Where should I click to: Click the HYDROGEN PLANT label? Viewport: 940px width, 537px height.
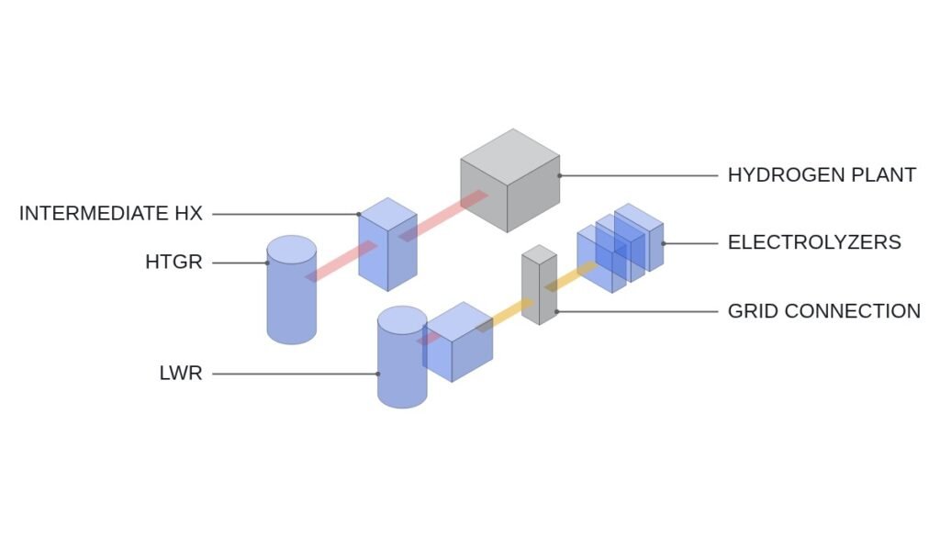[822, 175]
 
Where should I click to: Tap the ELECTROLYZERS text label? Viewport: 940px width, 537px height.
[814, 242]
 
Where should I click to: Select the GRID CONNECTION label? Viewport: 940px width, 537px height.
[823, 311]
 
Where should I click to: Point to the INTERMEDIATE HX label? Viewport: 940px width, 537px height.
[111, 213]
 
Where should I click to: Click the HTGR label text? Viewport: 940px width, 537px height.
[173, 262]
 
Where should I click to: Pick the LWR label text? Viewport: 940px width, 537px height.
[181, 374]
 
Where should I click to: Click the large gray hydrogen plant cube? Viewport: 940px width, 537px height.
[510, 181]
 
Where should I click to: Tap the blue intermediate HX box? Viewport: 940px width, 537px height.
[388, 244]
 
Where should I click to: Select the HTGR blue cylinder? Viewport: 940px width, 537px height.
[291, 290]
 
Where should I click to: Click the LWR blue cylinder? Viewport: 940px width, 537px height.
[402, 357]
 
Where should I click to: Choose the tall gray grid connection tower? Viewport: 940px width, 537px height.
[539, 285]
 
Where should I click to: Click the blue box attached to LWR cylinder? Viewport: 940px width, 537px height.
[458, 341]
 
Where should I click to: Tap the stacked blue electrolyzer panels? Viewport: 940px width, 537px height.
[621, 248]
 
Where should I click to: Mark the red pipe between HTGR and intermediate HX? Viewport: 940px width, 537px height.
[341, 261]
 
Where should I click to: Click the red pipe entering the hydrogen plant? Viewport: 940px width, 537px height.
[443, 216]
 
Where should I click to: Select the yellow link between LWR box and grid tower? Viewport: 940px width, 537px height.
[506, 316]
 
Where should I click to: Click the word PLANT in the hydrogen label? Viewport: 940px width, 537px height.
[884, 175]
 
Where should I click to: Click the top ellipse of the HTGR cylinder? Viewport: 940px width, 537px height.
[291, 250]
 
